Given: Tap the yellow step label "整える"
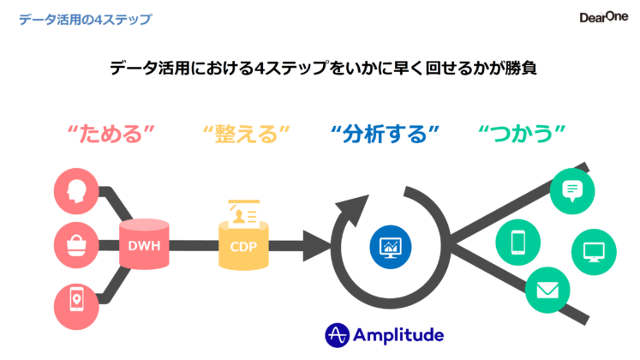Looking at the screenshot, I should coord(247,134).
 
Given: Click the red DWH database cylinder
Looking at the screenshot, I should coord(143,246).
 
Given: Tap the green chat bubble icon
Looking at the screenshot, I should coord(571,190).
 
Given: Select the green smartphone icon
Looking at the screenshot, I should coord(518,243).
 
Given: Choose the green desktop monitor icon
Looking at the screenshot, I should coord(593,253).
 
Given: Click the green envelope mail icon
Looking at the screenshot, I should coord(545,291).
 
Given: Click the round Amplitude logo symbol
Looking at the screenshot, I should coord(338,334).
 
